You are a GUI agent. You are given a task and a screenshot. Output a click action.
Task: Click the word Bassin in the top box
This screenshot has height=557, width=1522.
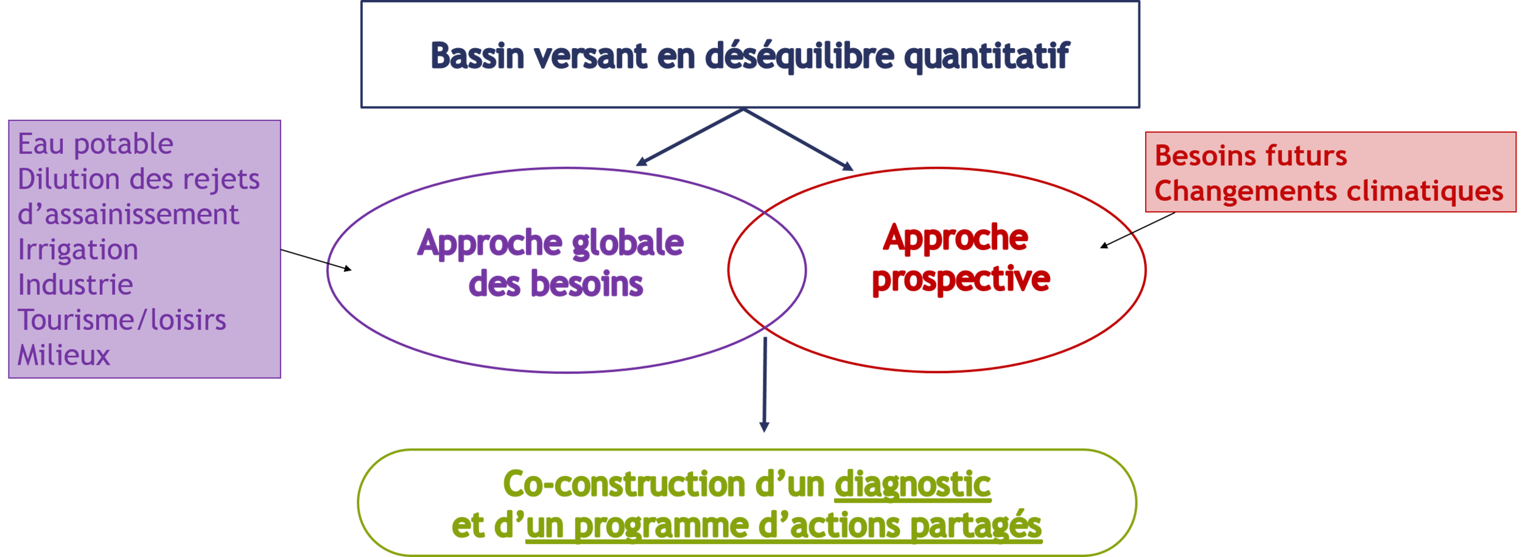point(477,56)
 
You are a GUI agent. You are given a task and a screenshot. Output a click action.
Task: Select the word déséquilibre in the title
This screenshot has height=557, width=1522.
point(799,57)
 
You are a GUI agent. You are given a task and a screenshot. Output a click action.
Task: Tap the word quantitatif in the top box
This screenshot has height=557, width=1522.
point(986,57)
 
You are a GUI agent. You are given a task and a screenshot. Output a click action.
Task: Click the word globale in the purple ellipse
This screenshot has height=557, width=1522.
point(628,243)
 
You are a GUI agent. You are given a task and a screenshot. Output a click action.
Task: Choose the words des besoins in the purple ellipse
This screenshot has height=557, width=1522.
point(556,284)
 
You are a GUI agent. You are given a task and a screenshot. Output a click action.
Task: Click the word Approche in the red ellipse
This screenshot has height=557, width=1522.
point(956,237)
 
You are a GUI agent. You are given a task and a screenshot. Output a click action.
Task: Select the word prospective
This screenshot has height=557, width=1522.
point(961,279)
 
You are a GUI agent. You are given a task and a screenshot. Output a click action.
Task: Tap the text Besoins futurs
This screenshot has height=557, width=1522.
point(1250,156)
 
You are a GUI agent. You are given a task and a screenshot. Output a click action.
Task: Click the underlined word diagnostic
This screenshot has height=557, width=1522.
point(912,485)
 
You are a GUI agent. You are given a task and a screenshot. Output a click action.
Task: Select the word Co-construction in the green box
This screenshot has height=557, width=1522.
point(624,485)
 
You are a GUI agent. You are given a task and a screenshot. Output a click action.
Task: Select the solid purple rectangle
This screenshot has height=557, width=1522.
point(144,249)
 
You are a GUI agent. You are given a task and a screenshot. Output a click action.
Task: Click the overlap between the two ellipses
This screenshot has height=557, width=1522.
point(766,270)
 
